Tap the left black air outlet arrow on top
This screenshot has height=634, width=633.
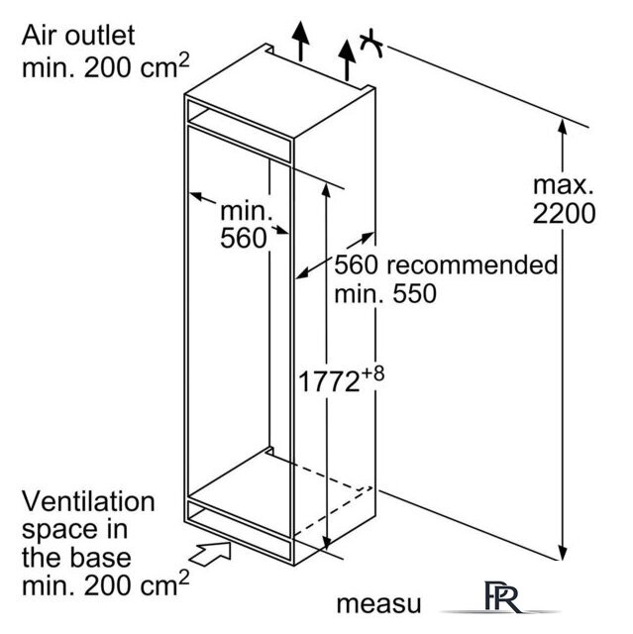coord(300,41)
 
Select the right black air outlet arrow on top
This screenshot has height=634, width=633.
coord(347,59)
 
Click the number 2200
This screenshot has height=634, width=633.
coord(564,213)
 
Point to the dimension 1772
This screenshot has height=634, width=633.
coord(329,381)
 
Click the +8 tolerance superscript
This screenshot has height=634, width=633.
coord(372,373)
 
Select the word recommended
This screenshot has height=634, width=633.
coord(473,264)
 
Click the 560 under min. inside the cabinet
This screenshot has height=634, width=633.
coord(244,238)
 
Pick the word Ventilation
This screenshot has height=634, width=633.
coord(88,501)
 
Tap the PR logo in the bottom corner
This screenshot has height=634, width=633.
coord(502,598)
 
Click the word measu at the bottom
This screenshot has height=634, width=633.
coord(378,604)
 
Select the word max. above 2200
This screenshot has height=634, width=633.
coord(563,185)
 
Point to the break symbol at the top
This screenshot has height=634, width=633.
coord(371,44)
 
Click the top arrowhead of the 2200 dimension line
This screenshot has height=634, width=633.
coord(562,126)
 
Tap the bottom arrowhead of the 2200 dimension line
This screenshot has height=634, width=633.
coord(562,553)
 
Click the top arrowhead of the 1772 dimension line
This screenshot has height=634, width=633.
coord(326,189)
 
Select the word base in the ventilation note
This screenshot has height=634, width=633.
coord(101,557)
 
